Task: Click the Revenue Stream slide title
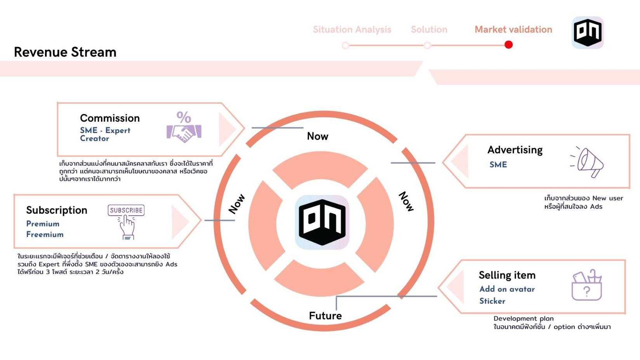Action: pyautogui.click(x=65, y=52)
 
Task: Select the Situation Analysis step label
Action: pyautogui.click(x=352, y=29)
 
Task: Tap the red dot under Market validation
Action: pyautogui.click(x=508, y=45)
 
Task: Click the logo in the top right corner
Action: pyautogui.click(x=588, y=33)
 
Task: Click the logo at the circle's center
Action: pyautogui.click(x=322, y=222)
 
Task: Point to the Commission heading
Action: pyautogui.click(x=110, y=118)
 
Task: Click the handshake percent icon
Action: pyautogui.click(x=184, y=127)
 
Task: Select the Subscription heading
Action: pyautogui.click(x=57, y=210)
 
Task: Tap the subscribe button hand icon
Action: pyautogui.click(x=126, y=222)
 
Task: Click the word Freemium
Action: pyautogui.click(x=45, y=234)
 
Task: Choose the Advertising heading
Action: pyautogui.click(x=515, y=150)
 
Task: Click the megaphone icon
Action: pyautogui.click(x=588, y=162)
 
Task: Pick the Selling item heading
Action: pyautogui.click(x=507, y=275)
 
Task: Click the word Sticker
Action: pyautogui.click(x=492, y=301)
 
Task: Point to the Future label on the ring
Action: pyautogui.click(x=325, y=316)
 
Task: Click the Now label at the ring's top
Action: pyautogui.click(x=317, y=136)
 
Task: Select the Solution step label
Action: pyautogui.click(x=429, y=29)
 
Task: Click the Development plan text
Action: pyautogui.click(x=524, y=318)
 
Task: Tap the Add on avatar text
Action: pyautogui.click(x=507, y=289)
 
